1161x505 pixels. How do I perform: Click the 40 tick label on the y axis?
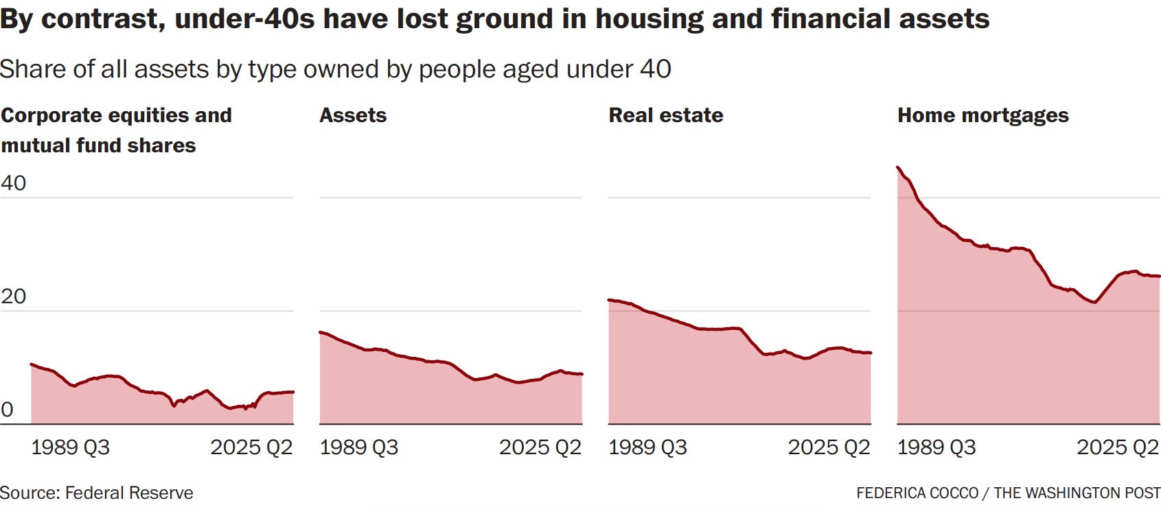pos(14,183)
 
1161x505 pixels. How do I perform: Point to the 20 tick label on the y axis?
pos(14,296)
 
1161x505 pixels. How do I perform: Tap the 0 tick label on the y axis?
pos(7,410)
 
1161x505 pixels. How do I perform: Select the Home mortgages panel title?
pos(982,115)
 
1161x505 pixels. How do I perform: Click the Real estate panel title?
pos(665,115)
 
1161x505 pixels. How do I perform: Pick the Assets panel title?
pos(353,115)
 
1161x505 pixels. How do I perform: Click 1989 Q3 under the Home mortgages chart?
pos(936,447)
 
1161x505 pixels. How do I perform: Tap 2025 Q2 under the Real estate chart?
pos(829,447)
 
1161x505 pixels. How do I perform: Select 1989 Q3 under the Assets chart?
pos(358,447)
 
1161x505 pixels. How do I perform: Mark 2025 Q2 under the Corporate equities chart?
pos(251,447)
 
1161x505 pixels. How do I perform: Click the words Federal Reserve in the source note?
pos(129,493)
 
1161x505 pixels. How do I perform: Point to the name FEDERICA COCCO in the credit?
pos(917,493)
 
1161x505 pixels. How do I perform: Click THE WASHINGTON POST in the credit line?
pos(1077,493)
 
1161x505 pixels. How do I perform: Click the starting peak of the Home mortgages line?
pos(898,167)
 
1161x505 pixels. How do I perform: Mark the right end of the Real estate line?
pos(870,353)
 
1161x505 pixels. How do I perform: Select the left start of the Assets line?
pos(321,332)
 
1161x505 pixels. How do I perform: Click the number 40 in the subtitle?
pos(656,69)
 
